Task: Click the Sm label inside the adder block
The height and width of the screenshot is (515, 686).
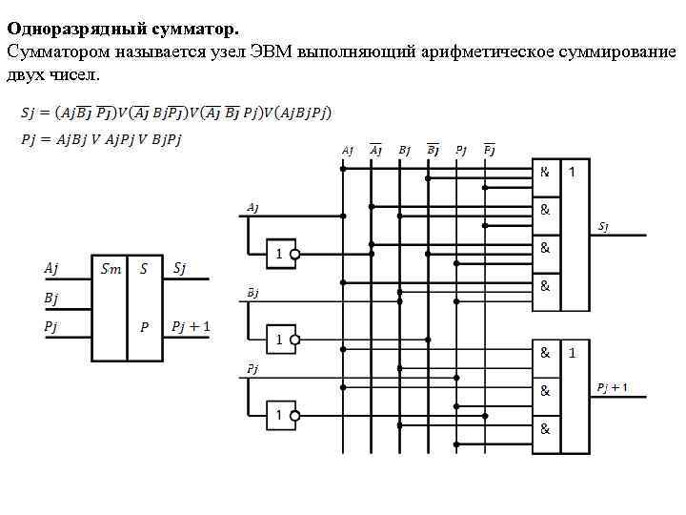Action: (111, 270)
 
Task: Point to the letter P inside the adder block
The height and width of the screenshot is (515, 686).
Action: (144, 327)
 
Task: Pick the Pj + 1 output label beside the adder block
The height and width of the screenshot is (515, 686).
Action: (191, 327)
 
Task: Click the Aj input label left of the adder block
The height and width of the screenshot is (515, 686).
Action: (51, 270)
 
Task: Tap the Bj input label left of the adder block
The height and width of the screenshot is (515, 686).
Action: (51, 299)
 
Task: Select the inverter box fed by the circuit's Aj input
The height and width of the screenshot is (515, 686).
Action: (278, 255)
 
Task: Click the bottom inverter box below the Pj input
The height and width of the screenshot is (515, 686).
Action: (278, 416)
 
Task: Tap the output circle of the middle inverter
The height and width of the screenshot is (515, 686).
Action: (295, 338)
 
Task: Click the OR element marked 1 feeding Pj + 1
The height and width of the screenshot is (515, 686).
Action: (574, 395)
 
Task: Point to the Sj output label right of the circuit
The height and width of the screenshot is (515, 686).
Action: (604, 227)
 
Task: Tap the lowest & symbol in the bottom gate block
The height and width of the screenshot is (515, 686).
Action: (545, 428)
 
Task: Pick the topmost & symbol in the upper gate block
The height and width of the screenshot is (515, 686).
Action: (545, 173)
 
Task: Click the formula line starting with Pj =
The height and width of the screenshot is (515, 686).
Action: (101, 139)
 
